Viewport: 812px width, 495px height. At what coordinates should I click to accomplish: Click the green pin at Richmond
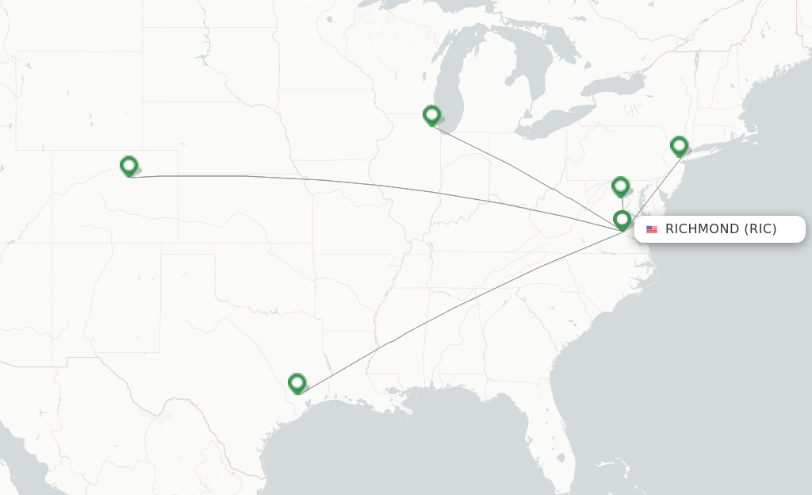coord(622,219)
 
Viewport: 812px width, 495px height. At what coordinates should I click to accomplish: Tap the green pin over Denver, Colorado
coord(128,165)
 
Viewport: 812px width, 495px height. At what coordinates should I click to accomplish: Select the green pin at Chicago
coord(431,115)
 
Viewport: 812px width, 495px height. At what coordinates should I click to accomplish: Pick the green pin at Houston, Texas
coord(297,382)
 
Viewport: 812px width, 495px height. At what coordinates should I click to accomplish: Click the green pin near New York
coord(679,145)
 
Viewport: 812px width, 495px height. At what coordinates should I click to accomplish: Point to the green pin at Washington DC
coord(620,186)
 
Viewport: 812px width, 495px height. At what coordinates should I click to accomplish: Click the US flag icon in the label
coord(652,229)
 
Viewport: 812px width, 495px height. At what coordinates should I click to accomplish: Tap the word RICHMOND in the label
coord(702,229)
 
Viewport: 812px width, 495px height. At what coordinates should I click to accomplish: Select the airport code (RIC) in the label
coord(760,229)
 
